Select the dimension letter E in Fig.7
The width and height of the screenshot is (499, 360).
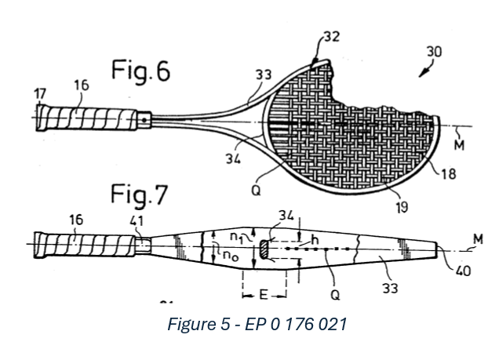[264, 296]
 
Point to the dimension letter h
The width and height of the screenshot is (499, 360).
[315, 239]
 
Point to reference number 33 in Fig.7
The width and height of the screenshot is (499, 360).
[388, 289]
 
